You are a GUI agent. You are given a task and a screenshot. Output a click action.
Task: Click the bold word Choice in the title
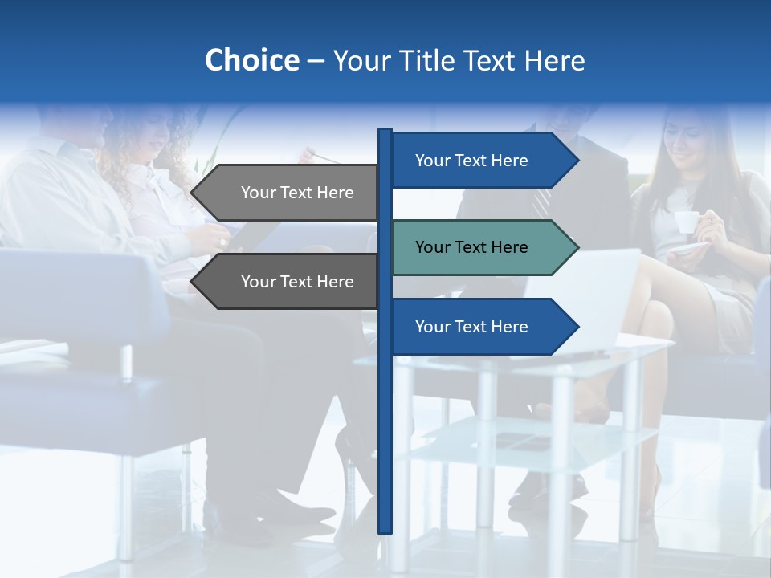pos(251,60)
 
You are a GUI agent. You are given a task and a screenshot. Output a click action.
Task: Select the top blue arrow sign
pos(474,161)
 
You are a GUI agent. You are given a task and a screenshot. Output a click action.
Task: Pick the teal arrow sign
pos(474,247)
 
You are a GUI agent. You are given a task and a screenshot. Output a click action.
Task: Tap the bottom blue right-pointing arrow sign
pos(474,327)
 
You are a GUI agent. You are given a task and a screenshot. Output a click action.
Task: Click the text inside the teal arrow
pos(471,247)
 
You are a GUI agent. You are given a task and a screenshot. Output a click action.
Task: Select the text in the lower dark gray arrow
pos(297,282)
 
